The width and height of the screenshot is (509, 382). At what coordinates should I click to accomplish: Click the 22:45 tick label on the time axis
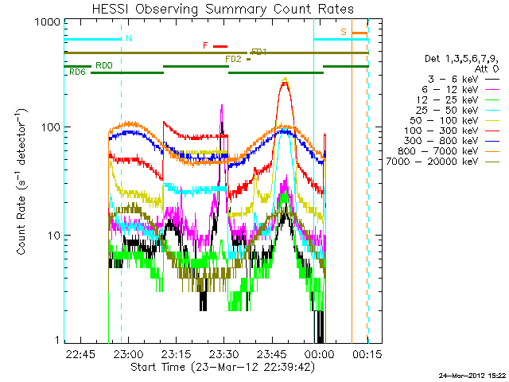[81, 353]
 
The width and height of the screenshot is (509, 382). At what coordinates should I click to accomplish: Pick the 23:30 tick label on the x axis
[224, 353]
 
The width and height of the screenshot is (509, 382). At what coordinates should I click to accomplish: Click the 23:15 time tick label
[177, 353]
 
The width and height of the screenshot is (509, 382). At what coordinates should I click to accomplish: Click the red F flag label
[206, 46]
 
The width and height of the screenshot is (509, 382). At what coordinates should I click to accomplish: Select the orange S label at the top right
[344, 32]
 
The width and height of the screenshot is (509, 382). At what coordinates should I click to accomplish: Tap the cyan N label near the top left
[129, 38]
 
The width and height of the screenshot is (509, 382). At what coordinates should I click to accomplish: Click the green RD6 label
[77, 72]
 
